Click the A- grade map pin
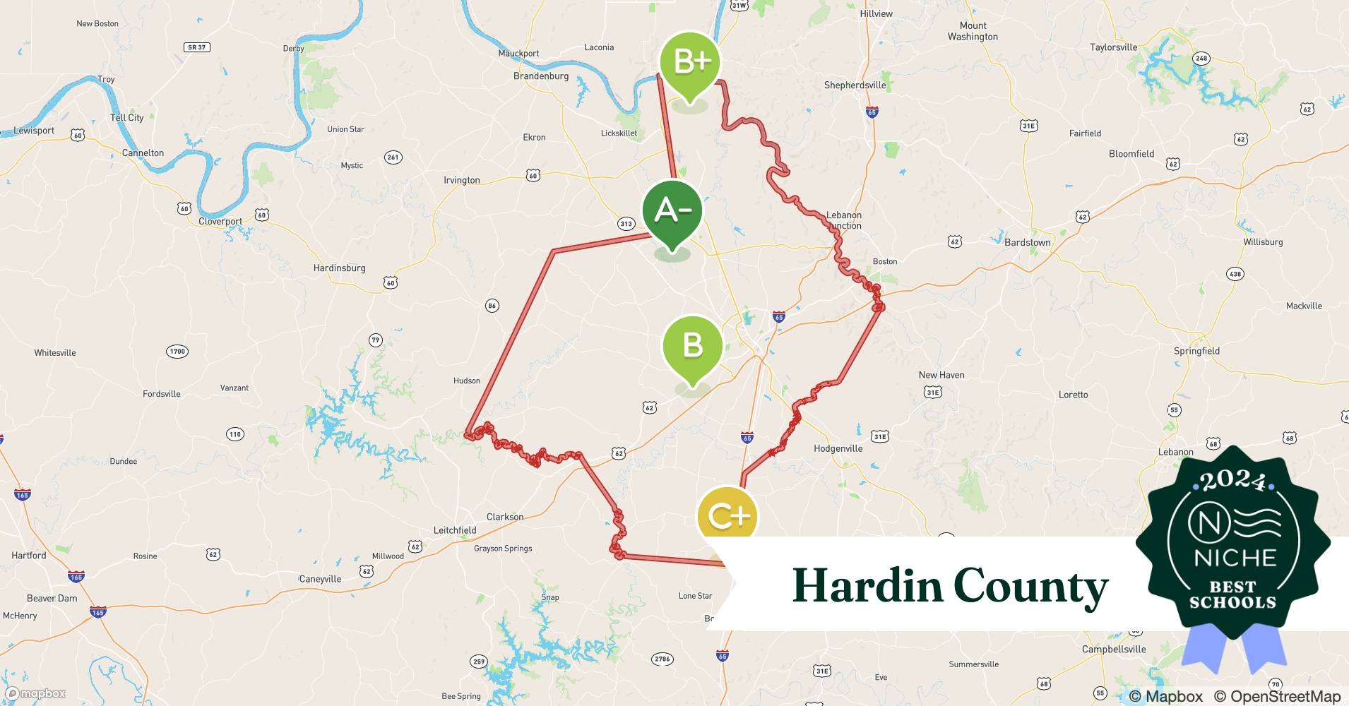pyautogui.click(x=672, y=210)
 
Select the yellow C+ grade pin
pyautogui.click(x=727, y=516)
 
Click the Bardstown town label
pyautogui.click(x=1027, y=242)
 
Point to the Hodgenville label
pyautogui.click(x=838, y=448)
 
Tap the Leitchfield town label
pyautogui.click(x=454, y=530)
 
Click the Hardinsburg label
pyautogui.click(x=339, y=268)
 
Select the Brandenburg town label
pyautogui.click(x=540, y=76)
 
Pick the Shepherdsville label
pyautogui.click(x=855, y=85)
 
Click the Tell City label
pyautogui.click(x=126, y=118)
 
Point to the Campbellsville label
pyautogui.click(x=1114, y=650)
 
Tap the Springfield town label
pyautogui.click(x=1196, y=351)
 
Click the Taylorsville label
pyautogui.click(x=1113, y=47)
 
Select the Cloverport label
pyautogui.click(x=220, y=222)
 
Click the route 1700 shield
pyautogui.click(x=177, y=351)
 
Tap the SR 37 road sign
pyautogui.click(x=196, y=47)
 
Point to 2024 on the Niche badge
pyautogui.click(x=1233, y=481)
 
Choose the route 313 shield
pyautogui.click(x=626, y=224)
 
